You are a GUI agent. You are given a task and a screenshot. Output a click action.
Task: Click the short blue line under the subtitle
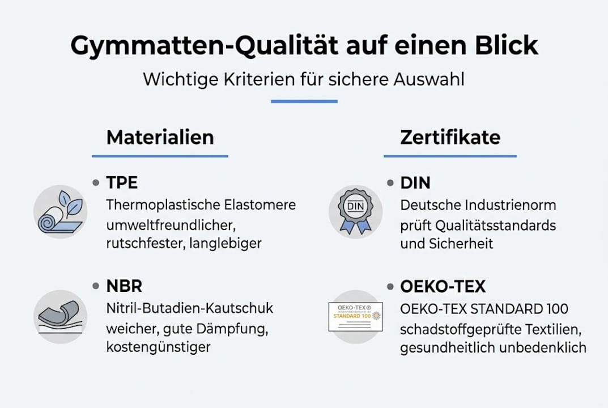(304, 101)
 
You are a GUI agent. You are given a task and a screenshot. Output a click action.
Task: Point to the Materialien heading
(160, 137)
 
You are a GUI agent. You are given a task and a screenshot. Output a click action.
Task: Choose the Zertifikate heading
(450, 137)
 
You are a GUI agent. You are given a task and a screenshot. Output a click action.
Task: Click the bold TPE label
(122, 182)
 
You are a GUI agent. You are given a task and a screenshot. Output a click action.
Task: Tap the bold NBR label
(124, 286)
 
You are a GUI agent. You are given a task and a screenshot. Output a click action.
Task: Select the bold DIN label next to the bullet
(415, 182)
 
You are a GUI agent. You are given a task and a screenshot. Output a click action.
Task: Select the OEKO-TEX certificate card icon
(355, 316)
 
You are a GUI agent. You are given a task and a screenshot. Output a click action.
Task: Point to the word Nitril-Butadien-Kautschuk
(190, 308)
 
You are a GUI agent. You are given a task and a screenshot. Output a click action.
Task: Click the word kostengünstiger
(158, 346)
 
